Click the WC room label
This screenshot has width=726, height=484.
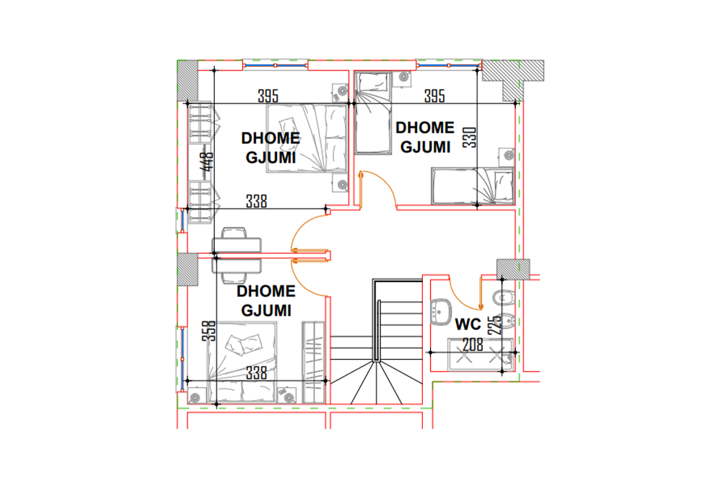tap(468, 324)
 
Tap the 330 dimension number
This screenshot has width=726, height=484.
tap(469, 137)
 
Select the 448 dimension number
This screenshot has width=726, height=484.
tap(207, 162)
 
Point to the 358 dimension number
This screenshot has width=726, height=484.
tap(208, 331)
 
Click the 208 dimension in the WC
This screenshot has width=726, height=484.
tap(473, 345)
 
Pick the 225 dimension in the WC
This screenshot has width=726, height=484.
tap(494, 325)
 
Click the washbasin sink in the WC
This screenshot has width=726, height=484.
tap(440, 312)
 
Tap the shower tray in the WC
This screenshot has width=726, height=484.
tap(480, 355)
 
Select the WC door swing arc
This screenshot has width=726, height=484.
tap(460, 298)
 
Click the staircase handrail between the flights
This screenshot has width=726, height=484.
tap(377, 331)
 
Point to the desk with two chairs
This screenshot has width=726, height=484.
tap(237, 255)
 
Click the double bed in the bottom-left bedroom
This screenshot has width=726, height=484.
tap(242, 362)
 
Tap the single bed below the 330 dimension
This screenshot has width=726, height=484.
tap(473, 186)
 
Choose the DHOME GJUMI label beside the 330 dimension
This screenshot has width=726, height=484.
tap(425, 137)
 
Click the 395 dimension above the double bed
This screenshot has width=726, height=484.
tap(268, 96)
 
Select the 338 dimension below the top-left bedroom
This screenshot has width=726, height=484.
tap(257, 201)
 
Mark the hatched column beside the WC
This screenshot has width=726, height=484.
tap(514, 269)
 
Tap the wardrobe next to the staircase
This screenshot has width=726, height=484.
tap(313, 362)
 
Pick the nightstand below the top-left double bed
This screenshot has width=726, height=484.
tap(340, 183)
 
